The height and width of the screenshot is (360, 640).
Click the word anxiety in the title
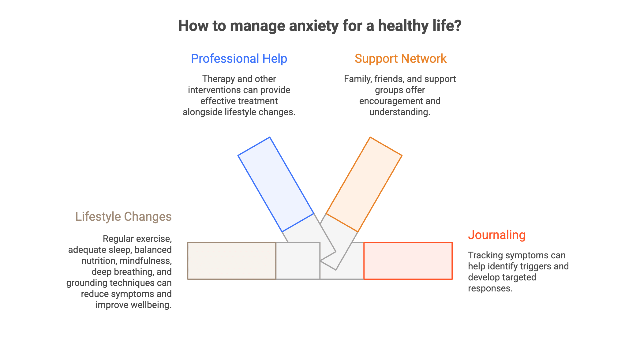[x=313, y=26]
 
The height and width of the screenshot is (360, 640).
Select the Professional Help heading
[x=239, y=58]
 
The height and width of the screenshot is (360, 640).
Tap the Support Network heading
[x=400, y=58]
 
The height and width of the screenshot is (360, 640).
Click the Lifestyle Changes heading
[x=123, y=216]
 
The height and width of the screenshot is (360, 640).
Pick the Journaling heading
[x=496, y=235]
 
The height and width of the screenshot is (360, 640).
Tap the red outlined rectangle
[x=408, y=261]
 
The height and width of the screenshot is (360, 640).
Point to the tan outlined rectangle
[x=232, y=261]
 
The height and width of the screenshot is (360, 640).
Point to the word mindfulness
[x=145, y=261]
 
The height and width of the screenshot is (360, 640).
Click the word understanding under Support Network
[x=399, y=112]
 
